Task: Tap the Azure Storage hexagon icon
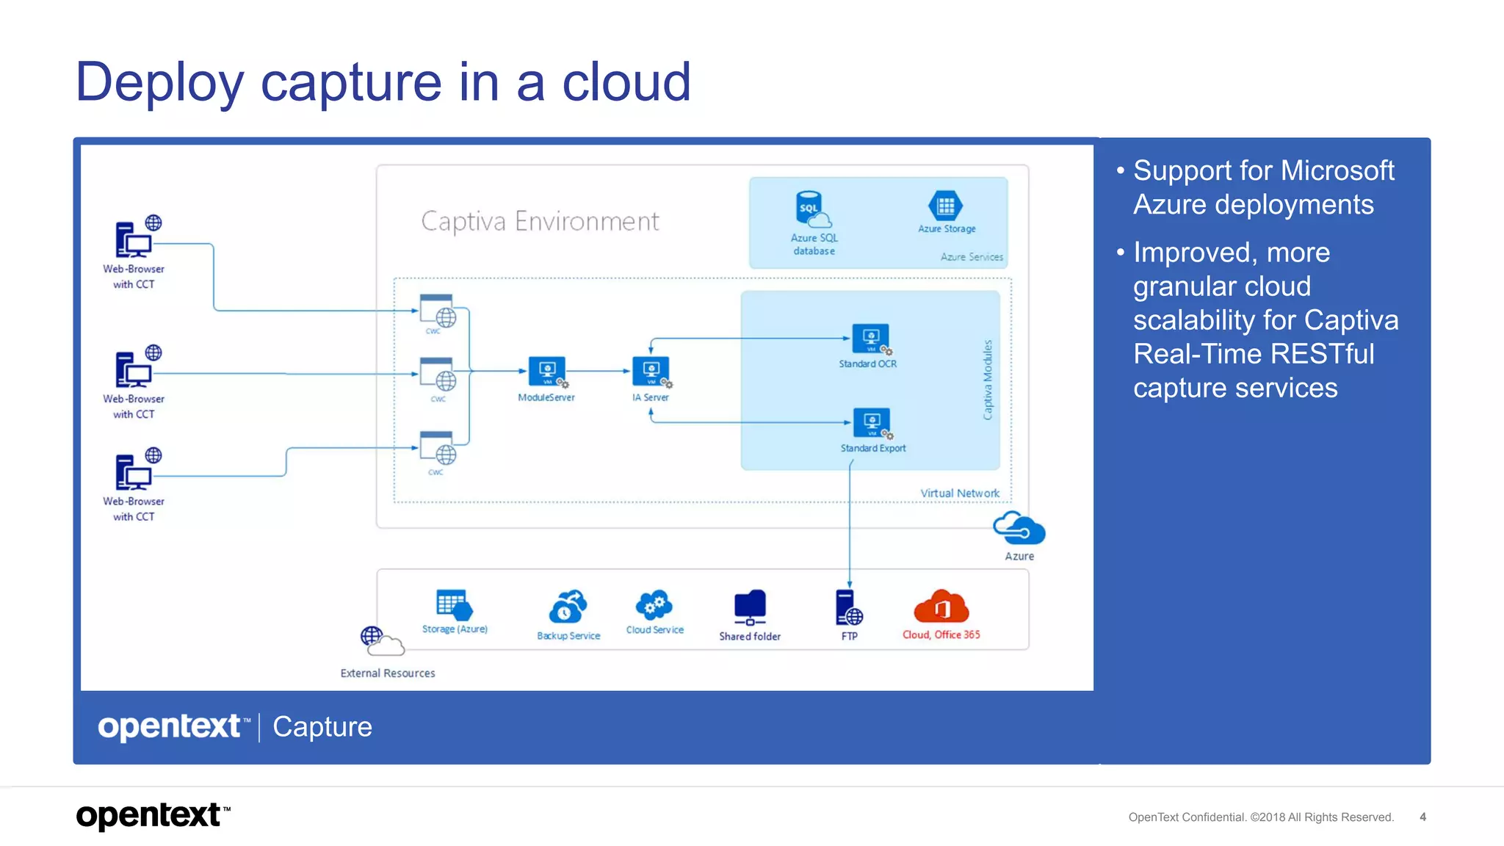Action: click(945, 206)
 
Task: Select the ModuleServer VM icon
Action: click(548, 372)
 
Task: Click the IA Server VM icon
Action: click(651, 372)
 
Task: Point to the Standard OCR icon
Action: click(871, 339)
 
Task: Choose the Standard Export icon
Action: click(872, 423)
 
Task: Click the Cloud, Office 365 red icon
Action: click(941, 607)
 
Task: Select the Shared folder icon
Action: click(750, 607)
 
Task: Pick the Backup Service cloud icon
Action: click(568, 607)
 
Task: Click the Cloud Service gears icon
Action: click(654, 606)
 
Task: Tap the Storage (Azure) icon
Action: click(454, 605)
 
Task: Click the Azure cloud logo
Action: click(1019, 528)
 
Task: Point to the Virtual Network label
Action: click(959, 493)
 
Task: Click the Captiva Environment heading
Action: click(540, 221)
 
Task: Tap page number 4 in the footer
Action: click(1422, 817)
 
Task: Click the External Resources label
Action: click(388, 673)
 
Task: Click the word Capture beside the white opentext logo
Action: click(322, 727)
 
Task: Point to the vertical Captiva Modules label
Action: click(988, 380)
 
